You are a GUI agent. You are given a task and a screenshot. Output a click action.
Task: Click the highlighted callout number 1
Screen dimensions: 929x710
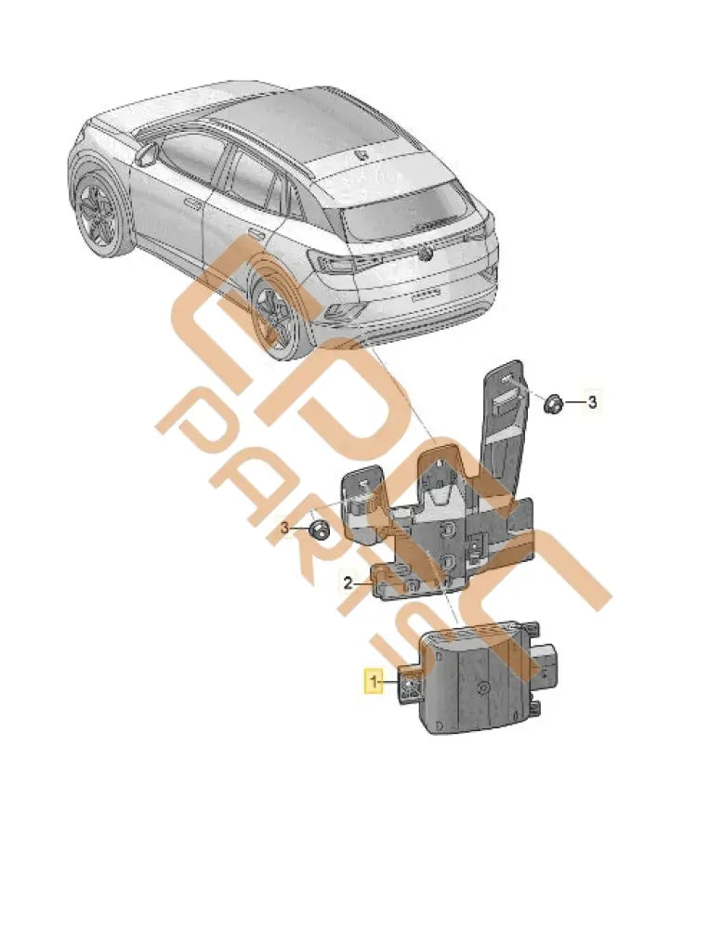(x=374, y=683)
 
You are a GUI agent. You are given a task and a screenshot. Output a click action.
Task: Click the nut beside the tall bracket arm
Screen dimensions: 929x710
(x=551, y=402)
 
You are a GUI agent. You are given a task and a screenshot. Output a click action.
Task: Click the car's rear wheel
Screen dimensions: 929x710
(x=276, y=317)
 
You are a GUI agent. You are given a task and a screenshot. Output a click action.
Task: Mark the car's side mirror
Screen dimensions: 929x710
(x=146, y=154)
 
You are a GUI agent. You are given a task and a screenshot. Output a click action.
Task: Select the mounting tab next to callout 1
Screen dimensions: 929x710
(x=409, y=686)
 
